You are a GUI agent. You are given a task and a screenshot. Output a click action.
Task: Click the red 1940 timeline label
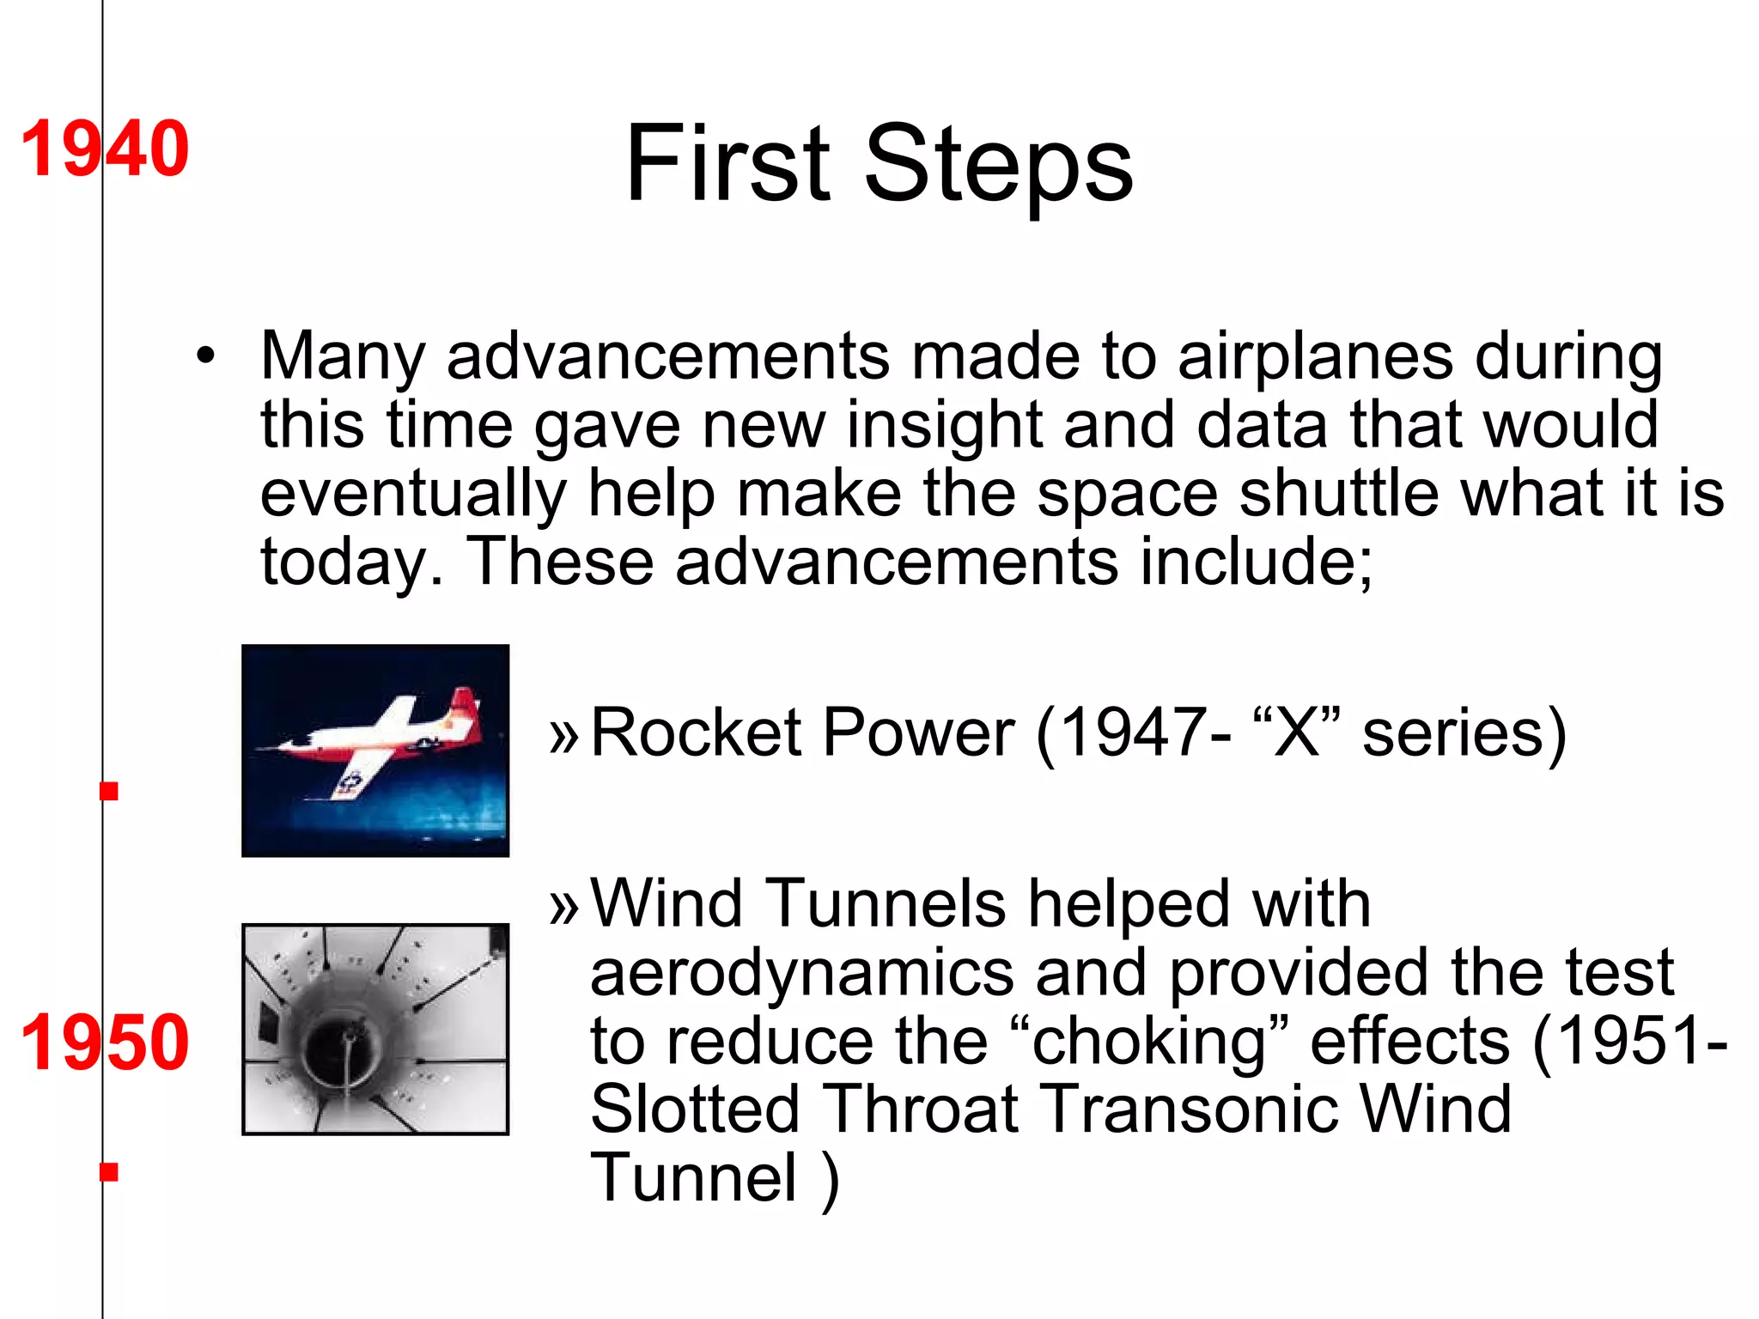click(x=105, y=149)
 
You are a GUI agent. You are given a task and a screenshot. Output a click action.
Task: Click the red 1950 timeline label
click(x=105, y=1042)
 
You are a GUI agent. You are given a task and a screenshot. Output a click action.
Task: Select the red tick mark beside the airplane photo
click(x=109, y=791)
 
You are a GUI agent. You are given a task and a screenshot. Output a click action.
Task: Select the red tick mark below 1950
click(x=109, y=1171)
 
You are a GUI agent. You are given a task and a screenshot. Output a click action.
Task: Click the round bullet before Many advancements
click(x=205, y=356)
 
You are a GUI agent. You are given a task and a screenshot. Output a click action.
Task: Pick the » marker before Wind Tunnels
click(x=563, y=906)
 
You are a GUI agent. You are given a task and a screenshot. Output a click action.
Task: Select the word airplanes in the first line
click(x=1315, y=357)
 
